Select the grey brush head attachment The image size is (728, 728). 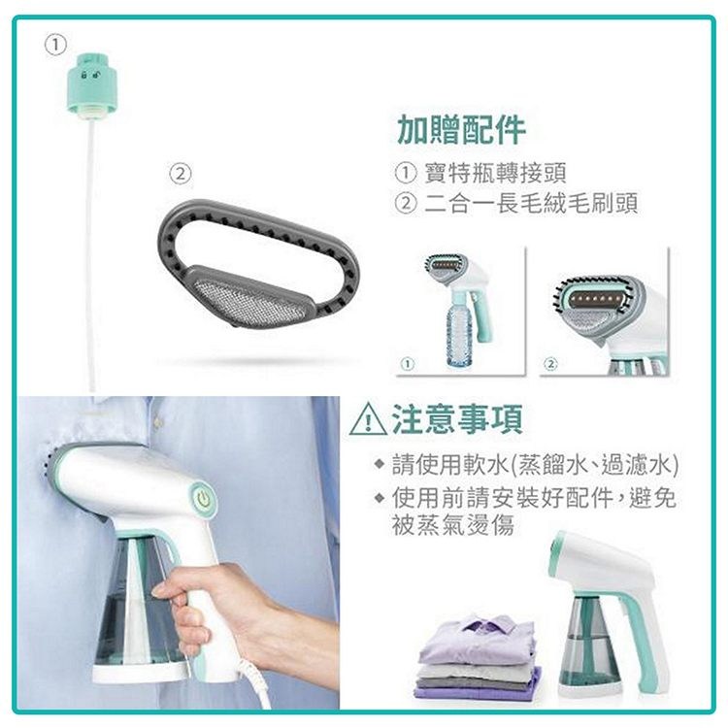(258, 263)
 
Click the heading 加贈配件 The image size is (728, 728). (461, 129)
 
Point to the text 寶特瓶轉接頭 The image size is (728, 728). (495, 173)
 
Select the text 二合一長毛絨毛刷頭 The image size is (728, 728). (531, 203)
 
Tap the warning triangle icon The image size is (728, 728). (368, 419)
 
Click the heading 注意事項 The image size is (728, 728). (458, 418)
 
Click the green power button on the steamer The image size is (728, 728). (203, 500)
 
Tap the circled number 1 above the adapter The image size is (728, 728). (55, 45)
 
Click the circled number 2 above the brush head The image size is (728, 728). (181, 174)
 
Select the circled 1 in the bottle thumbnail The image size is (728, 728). (407, 364)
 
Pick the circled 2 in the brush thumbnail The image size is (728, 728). (550, 364)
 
